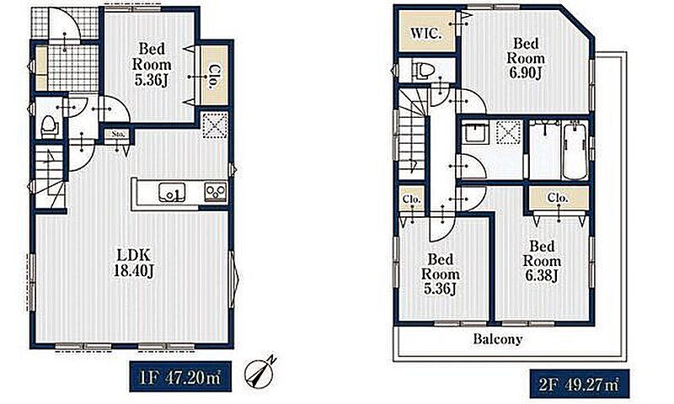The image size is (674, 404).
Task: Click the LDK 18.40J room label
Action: click(134, 263)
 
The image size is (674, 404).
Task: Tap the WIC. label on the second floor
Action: click(426, 33)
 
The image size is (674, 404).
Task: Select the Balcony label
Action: click(498, 338)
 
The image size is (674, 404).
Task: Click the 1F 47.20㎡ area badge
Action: click(180, 376)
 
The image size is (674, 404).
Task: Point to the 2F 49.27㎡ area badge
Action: click(580, 384)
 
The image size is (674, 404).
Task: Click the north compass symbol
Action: click(260, 371)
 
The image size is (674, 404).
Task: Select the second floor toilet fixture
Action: click(422, 70)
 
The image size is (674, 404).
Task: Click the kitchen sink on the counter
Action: click(172, 193)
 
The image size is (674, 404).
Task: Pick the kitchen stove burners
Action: click(216, 192)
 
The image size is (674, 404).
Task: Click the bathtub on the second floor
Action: click(575, 151)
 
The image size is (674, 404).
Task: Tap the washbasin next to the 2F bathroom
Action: click(475, 132)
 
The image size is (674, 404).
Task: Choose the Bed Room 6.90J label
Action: click(526, 58)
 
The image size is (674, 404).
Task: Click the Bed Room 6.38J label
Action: click(542, 261)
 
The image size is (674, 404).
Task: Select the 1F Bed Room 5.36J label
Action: click(152, 65)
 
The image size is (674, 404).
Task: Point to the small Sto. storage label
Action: click(118, 134)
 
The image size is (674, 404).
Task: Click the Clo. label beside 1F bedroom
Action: click(215, 76)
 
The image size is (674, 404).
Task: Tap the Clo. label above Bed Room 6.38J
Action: click(558, 198)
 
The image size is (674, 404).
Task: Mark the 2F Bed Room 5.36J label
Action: click(440, 274)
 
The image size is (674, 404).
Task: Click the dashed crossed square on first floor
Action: click(215, 125)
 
